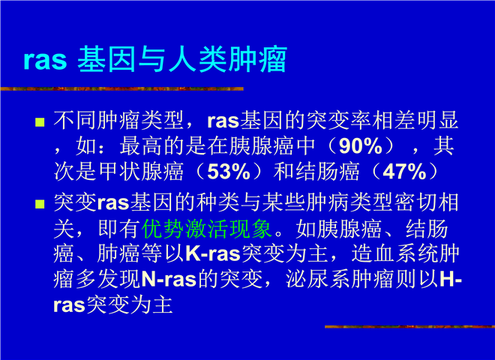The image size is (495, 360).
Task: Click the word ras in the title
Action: click(x=46, y=60)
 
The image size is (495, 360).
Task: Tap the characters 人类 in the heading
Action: click(x=196, y=59)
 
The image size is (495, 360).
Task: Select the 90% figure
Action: click(x=361, y=146)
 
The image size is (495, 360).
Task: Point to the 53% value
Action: click(x=229, y=172)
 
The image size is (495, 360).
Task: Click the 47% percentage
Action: click(x=405, y=172)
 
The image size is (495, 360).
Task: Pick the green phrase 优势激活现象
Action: click(x=207, y=229)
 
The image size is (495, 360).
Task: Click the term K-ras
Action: click(x=213, y=253)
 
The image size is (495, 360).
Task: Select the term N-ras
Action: click(x=169, y=280)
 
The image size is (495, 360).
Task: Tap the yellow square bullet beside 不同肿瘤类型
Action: click(x=40, y=122)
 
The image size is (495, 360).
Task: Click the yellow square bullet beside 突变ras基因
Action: click(x=40, y=204)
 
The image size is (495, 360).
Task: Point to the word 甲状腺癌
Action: click(x=141, y=172)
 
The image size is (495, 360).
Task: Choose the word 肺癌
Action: click(x=118, y=253)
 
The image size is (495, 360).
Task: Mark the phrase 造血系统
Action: click(x=394, y=253)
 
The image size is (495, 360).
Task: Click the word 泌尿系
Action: click(x=318, y=280)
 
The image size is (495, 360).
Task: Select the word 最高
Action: click(x=141, y=146)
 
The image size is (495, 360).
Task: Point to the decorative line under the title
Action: click(x=121, y=88)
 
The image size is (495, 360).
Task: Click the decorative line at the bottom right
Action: click(x=409, y=327)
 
